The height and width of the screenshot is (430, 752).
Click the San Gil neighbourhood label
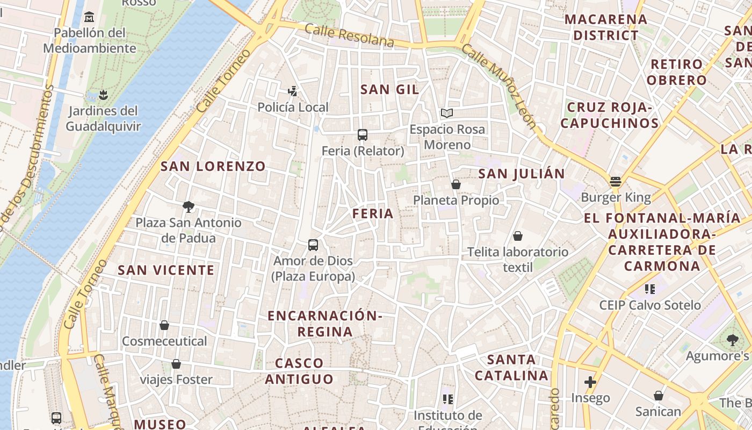389,89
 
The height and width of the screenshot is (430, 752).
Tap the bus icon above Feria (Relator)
363,134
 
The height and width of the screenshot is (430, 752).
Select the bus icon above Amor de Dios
313,245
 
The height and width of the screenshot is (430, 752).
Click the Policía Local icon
293,91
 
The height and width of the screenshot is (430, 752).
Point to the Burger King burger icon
616,181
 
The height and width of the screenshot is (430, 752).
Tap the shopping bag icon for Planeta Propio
456,184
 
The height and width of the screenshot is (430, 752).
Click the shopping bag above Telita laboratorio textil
518,236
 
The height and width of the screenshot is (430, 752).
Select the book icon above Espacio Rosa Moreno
447,113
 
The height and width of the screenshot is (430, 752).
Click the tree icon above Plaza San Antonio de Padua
188,206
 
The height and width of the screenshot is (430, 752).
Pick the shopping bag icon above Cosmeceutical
164,325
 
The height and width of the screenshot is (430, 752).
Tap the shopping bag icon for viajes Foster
176,364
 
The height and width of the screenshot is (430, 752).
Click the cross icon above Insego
590,382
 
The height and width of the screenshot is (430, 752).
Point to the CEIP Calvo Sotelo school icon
650,289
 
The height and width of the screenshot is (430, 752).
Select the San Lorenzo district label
213,166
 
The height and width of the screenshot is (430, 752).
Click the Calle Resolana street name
349,34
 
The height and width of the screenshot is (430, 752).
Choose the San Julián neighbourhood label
521,174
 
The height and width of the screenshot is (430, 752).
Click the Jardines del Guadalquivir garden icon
103,96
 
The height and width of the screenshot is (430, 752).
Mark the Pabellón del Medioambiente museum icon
89,17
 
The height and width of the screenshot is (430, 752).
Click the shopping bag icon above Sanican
658,396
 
